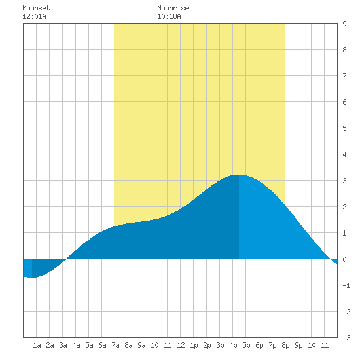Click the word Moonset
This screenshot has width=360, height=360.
(36, 8)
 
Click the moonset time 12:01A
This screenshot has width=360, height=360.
(34, 16)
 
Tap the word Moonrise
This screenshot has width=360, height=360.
(173, 8)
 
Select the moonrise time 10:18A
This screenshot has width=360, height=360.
(169, 16)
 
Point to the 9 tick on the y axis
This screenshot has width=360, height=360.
(344, 24)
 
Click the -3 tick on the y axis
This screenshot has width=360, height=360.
(346, 338)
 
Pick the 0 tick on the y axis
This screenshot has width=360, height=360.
(344, 259)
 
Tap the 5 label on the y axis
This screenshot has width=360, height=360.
(344, 128)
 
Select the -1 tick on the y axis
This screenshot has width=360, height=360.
(346, 285)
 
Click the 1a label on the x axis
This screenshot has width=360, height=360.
(37, 345)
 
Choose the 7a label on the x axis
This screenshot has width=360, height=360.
(115, 345)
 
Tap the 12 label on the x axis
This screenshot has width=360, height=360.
(181, 345)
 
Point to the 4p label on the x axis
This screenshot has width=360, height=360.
(233, 345)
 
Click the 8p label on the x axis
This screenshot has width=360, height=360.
(285, 345)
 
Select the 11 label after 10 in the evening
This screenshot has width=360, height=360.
(325, 345)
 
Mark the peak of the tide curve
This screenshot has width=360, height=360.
(239, 175)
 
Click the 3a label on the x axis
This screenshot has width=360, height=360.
(63, 345)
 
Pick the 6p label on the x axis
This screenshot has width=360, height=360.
(259, 345)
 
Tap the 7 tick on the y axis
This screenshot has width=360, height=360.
(344, 76)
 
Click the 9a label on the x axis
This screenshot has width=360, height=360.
(141, 345)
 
